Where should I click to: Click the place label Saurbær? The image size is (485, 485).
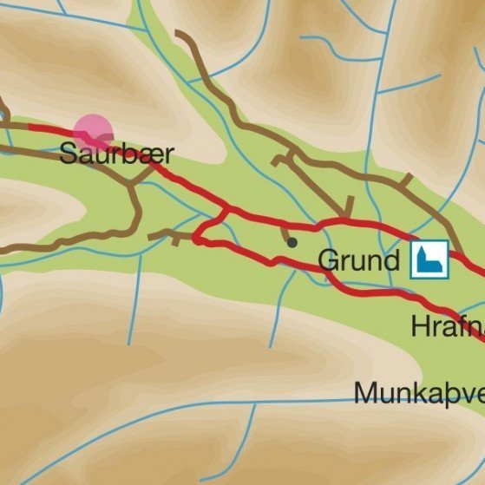116,155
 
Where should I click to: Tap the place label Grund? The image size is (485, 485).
359,260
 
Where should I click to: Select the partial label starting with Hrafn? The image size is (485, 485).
448,327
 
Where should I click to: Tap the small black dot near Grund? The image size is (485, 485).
292,242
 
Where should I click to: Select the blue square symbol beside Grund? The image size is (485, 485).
429,259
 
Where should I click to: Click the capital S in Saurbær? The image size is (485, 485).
68,155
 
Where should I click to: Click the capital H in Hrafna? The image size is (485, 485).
421,327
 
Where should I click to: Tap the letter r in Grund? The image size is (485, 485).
344,263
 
